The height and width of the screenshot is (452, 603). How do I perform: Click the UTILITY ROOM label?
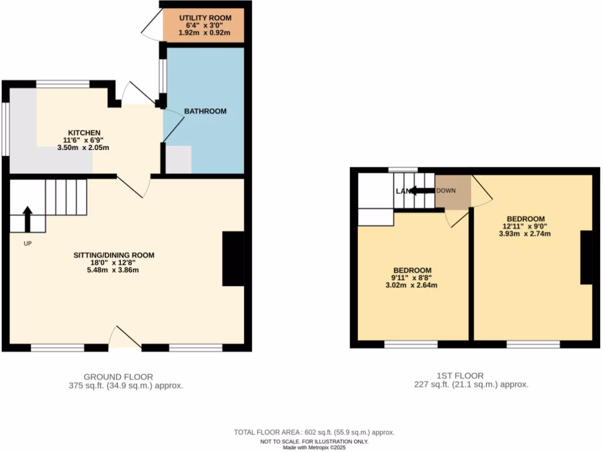[x=205, y=18]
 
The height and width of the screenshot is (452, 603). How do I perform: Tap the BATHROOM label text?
[x=205, y=111]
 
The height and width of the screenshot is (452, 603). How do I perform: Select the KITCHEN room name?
[x=84, y=132]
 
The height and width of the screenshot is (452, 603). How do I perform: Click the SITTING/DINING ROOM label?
[x=114, y=255]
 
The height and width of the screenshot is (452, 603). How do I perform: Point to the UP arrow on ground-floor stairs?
[x=27, y=220]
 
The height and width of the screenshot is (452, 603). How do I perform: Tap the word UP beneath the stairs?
[x=27, y=243]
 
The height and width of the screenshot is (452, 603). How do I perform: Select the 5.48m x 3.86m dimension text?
[x=114, y=270]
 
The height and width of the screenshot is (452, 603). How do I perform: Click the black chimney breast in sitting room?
[x=233, y=259]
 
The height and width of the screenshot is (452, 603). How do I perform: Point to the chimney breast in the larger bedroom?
[x=586, y=258]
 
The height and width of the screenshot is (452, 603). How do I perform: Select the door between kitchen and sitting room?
[x=135, y=185]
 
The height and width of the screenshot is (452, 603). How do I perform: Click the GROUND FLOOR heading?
[x=118, y=377]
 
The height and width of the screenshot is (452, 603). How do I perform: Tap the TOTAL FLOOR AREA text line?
[x=314, y=433]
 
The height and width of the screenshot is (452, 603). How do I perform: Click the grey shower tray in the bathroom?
[x=178, y=159]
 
